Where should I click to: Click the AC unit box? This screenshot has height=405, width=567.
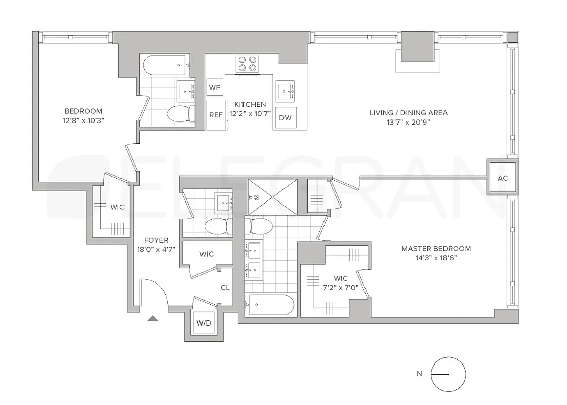point(503,178)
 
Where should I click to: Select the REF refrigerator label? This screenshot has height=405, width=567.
point(216,115)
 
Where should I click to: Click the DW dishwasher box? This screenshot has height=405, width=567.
point(285,118)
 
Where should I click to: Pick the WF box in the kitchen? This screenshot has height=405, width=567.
point(215,88)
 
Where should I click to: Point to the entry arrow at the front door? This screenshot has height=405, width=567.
point(153,318)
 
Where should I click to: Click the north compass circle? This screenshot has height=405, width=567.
point(448,374)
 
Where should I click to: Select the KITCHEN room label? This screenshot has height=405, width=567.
point(247,104)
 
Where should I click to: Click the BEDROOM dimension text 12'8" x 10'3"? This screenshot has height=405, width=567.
point(84,120)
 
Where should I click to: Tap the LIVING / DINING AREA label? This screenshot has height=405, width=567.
point(408,113)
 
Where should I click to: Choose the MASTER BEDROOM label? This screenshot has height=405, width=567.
point(436,248)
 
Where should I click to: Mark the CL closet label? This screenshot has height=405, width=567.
point(225,287)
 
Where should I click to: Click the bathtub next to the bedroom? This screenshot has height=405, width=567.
point(165,65)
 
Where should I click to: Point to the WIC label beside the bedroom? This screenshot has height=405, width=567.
point(117,207)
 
